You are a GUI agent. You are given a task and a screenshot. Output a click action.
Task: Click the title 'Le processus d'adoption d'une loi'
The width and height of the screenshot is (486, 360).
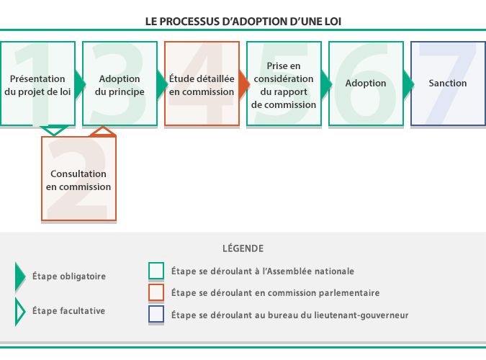tap(243, 21)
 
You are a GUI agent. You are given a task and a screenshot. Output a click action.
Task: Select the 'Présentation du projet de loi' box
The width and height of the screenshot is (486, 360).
tap(37, 84)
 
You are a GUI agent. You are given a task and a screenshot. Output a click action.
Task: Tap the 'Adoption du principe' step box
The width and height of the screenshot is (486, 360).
tap(120, 84)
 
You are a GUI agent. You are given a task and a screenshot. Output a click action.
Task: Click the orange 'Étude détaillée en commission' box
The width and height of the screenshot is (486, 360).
tap(202, 84)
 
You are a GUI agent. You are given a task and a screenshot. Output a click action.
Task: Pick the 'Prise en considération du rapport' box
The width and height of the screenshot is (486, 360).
tap(284, 84)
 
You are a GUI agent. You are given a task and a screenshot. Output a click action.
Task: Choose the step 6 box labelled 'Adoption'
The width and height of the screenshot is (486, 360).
tap(366, 84)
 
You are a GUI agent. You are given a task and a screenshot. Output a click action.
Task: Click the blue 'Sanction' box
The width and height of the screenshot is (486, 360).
tap(448, 84)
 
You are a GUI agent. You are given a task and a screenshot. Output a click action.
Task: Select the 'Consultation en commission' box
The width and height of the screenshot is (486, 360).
tap(78, 179)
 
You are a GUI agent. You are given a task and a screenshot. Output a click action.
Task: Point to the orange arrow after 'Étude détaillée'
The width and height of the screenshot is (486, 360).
tap(245, 84)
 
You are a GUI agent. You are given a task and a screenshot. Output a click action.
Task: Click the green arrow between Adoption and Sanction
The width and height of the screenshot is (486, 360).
tap(409, 84)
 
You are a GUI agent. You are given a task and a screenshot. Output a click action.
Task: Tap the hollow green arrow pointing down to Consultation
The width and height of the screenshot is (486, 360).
tap(55, 130)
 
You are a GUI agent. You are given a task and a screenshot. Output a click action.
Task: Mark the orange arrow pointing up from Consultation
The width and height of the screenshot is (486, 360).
tap(102, 131)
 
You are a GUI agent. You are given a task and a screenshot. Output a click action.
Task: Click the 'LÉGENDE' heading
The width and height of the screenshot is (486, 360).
tap(243, 248)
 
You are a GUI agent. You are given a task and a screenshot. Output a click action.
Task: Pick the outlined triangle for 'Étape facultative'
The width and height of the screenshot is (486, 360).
tap(20, 311)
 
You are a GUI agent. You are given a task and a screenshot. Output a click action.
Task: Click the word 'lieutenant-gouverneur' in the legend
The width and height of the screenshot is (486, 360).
tap(363, 315)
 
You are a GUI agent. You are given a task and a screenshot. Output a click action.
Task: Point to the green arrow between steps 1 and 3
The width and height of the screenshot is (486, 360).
tap(80, 84)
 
